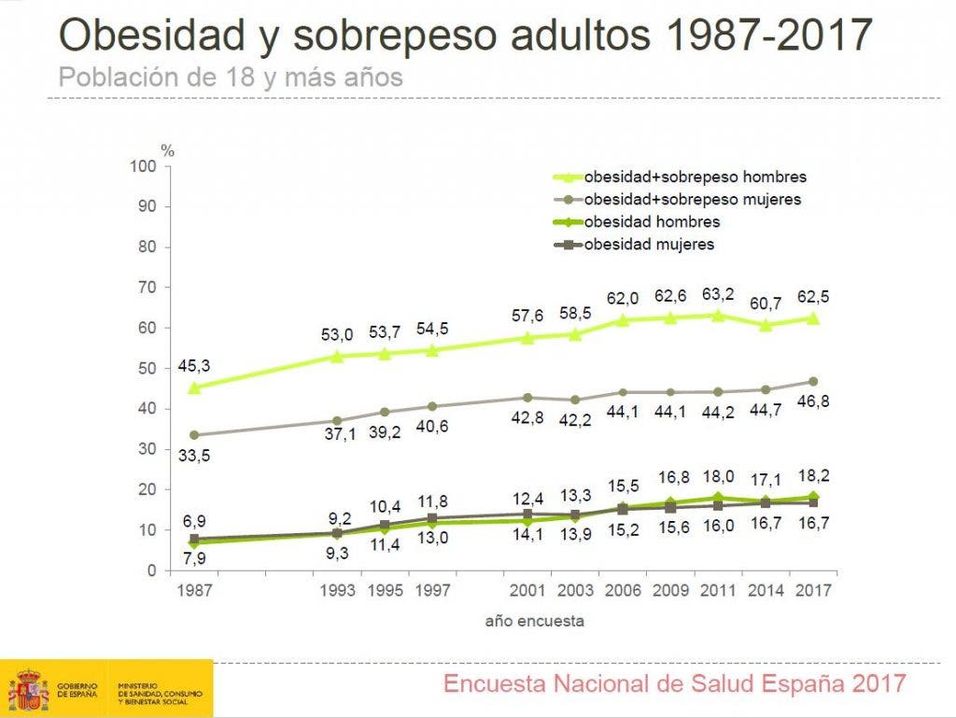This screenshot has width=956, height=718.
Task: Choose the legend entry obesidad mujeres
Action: click(649, 245)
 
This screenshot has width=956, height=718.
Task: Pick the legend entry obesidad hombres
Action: click(652, 222)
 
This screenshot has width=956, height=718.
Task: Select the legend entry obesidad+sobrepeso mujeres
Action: click(692, 199)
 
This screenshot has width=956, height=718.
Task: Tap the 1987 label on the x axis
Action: click(193, 591)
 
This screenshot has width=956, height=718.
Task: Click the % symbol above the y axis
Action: click(167, 149)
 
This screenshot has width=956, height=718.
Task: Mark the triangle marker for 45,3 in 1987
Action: click(193, 387)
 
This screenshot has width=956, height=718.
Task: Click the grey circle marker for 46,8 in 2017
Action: click(812, 381)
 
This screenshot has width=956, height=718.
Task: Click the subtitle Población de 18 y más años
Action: click(231, 77)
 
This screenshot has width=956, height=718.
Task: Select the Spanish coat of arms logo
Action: click(28, 690)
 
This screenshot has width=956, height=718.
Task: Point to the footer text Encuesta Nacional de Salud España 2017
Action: click(674, 683)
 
